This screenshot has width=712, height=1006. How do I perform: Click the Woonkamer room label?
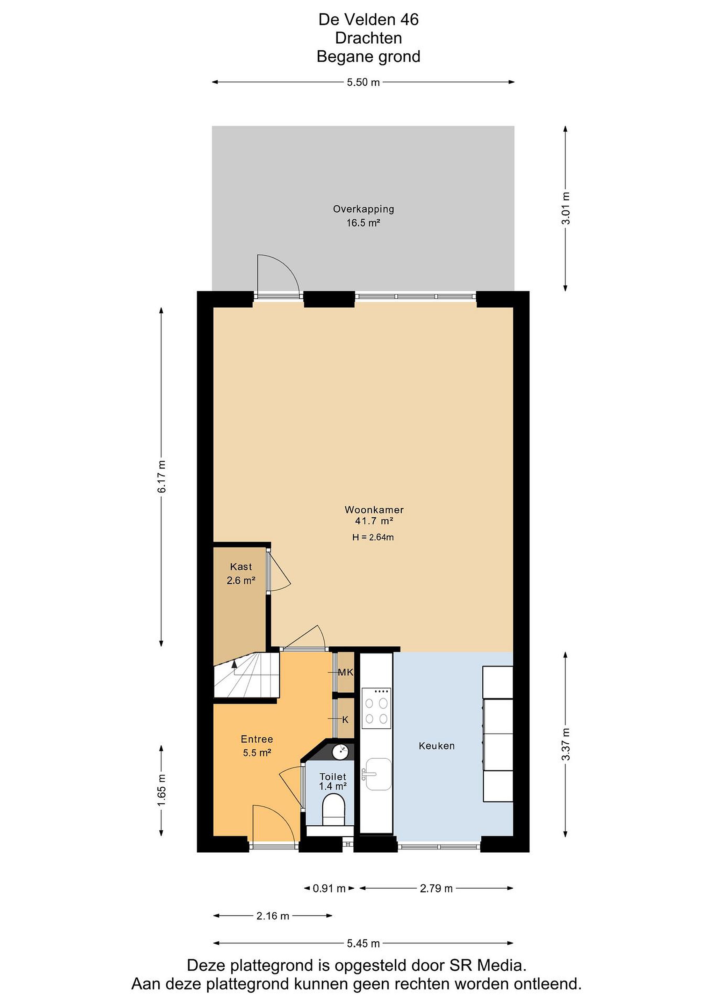(374, 510)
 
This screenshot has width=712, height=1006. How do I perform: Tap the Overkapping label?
(364, 210)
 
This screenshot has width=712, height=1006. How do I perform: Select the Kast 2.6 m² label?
(241, 574)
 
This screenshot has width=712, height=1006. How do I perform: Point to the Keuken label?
(437, 746)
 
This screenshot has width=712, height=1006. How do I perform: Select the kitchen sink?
(377, 774)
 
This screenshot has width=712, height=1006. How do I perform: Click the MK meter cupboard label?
(345, 672)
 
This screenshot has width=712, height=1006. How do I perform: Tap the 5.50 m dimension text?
(363, 82)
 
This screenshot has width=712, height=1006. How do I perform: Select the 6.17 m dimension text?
(162, 477)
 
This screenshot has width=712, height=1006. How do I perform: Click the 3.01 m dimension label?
(566, 209)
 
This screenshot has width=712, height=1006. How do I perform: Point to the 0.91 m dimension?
(329, 889)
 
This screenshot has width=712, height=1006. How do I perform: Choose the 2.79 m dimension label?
(436, 889)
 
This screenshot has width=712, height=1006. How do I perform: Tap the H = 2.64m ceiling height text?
(373, 537)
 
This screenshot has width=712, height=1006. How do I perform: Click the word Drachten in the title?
(368, 38)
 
